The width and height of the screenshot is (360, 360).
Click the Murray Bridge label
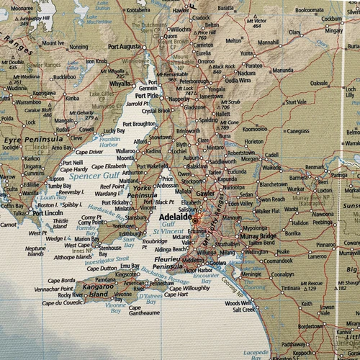click(258, 236)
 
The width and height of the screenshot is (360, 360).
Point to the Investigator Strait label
click(107, 257)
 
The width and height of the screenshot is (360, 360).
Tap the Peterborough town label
click(194, 82)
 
